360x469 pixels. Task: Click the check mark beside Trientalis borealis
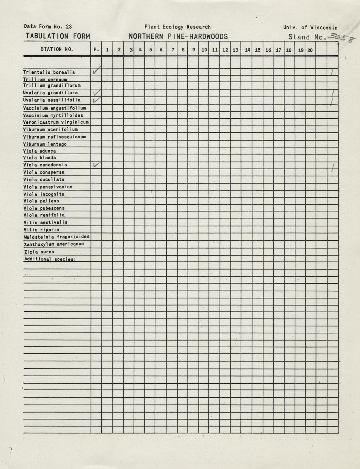tap(96, 70)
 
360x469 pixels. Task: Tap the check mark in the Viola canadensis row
tap(96, 165)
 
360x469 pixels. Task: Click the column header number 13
tap(235, 50)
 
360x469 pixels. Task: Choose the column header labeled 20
tap(310, 50)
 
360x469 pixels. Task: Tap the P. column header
tap(96, 50)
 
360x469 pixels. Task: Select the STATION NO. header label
tap(57, 49)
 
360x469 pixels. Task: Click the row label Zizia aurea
tap(39, 252)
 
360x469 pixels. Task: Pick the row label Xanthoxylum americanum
tap(54, 244)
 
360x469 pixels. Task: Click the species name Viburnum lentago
tap(45, 144)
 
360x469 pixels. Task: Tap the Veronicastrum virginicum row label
tap(56, 122)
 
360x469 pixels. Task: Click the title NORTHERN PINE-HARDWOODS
tap(178, 37)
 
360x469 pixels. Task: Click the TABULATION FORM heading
tap(58, 36)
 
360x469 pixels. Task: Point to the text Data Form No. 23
tap(48, 27)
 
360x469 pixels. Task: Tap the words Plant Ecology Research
tap(177, 27)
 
